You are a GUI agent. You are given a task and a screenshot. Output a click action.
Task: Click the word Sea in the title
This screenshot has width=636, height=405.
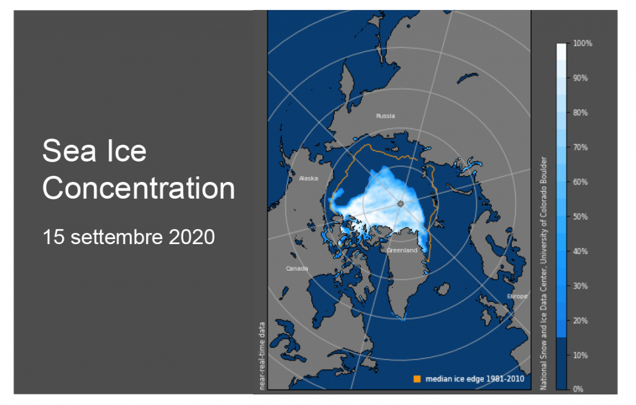pos(69,150)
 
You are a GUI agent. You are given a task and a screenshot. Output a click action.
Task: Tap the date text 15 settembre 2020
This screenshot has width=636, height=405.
pos(129,237)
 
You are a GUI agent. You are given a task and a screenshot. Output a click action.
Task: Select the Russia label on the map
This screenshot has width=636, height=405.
pos(385,116)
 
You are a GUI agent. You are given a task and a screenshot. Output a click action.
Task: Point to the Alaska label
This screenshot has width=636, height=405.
pos(308,178)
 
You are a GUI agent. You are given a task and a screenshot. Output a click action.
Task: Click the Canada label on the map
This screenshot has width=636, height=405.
pos(297,268)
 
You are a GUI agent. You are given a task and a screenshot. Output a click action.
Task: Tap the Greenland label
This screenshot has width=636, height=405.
pos(402,250)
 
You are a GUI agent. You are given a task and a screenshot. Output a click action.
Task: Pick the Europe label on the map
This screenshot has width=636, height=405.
pos(517,296)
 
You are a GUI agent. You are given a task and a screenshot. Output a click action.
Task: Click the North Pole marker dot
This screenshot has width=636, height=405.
pos(401,204)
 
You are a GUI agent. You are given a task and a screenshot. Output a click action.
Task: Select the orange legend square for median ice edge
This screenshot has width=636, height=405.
pos(417,379)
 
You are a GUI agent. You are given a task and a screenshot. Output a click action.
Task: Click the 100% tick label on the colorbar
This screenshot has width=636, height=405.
pos(583,43)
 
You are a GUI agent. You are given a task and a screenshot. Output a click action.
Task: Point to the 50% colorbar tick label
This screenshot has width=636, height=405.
pos(581,217)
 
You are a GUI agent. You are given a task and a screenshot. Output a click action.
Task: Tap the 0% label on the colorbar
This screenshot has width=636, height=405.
pos(578,389)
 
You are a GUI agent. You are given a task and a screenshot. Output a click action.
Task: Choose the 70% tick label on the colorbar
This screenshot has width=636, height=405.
pos(581,147)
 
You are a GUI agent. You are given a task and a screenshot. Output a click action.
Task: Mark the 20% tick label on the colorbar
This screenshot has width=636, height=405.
pos(581,321)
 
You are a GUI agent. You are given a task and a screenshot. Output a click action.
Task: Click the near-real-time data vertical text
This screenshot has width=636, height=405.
pos(262,356)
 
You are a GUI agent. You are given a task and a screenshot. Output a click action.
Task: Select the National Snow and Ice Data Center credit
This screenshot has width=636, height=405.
pos(543,273)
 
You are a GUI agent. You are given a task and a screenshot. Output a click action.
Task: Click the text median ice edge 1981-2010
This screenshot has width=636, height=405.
pos(475,379)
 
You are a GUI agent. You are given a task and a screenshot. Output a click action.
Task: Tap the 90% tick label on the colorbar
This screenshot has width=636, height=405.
pos(581,78)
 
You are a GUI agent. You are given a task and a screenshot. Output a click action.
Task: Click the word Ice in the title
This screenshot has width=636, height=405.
pos(126,150)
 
